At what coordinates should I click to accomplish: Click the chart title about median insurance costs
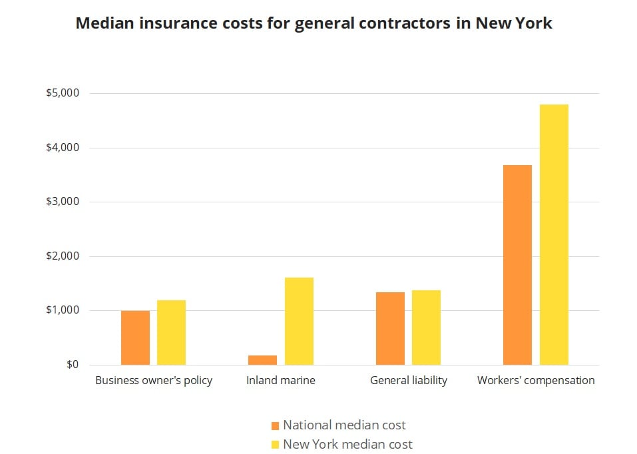point(314,23)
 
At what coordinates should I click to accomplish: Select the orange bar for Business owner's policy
point(135,338)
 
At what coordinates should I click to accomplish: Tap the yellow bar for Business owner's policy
point(171,332)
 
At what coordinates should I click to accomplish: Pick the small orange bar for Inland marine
point(262,360)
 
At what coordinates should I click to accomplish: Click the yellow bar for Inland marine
point(299,321)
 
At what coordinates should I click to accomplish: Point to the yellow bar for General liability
point(426,328)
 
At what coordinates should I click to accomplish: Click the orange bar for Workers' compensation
point(517,265)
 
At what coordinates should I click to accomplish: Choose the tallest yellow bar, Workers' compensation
point(554,234)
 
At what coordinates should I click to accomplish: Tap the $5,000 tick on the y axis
point(62,93)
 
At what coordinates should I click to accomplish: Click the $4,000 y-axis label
point(62,148)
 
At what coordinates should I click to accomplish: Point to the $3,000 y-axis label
point(62,202)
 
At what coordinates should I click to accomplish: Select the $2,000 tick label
point(62,256)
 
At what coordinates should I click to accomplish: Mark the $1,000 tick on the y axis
point(62,310)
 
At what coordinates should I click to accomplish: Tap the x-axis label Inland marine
point(280,381)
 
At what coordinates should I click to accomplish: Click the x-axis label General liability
point(408,381)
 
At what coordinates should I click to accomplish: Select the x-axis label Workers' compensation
point(536,381)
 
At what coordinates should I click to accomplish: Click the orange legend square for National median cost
point(275,425)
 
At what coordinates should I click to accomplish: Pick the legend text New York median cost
point(347,444)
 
